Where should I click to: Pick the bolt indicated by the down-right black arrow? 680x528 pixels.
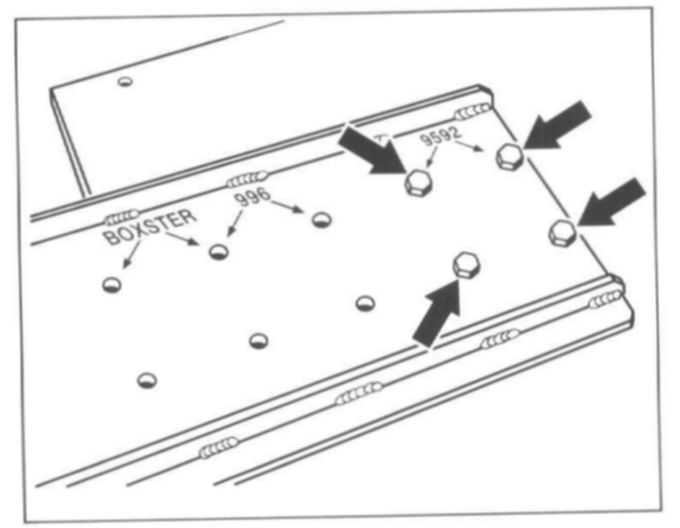tap(417, 182)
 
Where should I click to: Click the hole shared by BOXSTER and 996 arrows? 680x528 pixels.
tap(219, 251)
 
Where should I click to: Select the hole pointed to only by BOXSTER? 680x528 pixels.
tap(111, 284)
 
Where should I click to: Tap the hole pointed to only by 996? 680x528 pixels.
tap(322, 219)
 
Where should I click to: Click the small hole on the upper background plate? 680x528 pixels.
tap(125, 82)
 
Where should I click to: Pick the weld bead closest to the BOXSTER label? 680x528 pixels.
tap(121, 215)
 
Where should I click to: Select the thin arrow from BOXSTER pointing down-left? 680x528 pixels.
tap(129, 257)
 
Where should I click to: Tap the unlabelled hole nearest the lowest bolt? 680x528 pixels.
tap(366, 302)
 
